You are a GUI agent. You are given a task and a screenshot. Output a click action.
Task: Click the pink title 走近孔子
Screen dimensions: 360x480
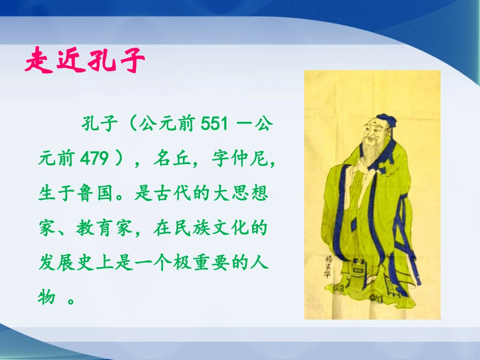tap(85, 61)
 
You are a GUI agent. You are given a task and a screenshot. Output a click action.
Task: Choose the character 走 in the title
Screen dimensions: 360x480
tap(37, 62)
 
